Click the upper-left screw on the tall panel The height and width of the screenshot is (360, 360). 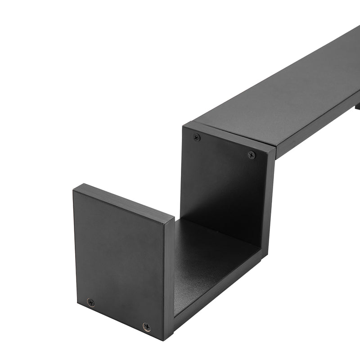tap(197, 137)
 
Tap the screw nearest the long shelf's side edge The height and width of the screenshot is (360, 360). tap(252, 155)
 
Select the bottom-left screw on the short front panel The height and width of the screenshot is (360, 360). tap(91, 302)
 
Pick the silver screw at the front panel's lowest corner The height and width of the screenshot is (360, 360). tap(146, 326)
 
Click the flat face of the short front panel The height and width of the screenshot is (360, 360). tap(119, 261)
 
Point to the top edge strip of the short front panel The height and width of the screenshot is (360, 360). tap(124, 202)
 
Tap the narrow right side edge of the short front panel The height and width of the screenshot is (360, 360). tap(169, 279)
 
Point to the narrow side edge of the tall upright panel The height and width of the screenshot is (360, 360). tap(268, 202)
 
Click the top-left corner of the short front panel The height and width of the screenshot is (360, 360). tap(75, 188)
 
